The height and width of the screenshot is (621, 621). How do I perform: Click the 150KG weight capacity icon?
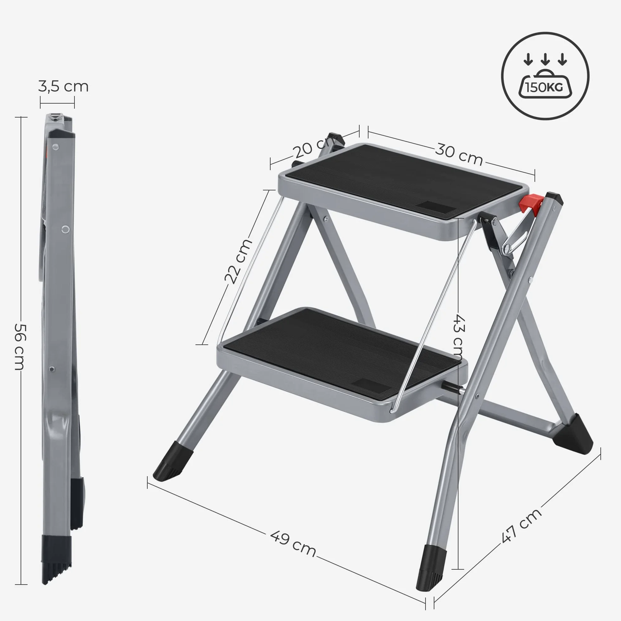point(545,76)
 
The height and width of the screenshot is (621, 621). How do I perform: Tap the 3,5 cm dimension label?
point(63,87)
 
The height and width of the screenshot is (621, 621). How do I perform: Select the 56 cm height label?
point(20,347)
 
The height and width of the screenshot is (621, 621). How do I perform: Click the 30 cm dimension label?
point(459,154)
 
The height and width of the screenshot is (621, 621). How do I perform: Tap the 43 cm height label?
point(459,337)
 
